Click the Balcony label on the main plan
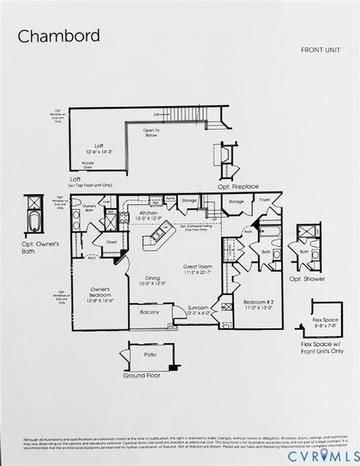point(149,312)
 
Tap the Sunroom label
point(198,308)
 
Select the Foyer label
point(265,200)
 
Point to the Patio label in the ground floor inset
point(149,355)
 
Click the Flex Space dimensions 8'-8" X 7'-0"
point(325,327)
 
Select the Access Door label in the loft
point(88,164)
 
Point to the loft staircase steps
point(191,115)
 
